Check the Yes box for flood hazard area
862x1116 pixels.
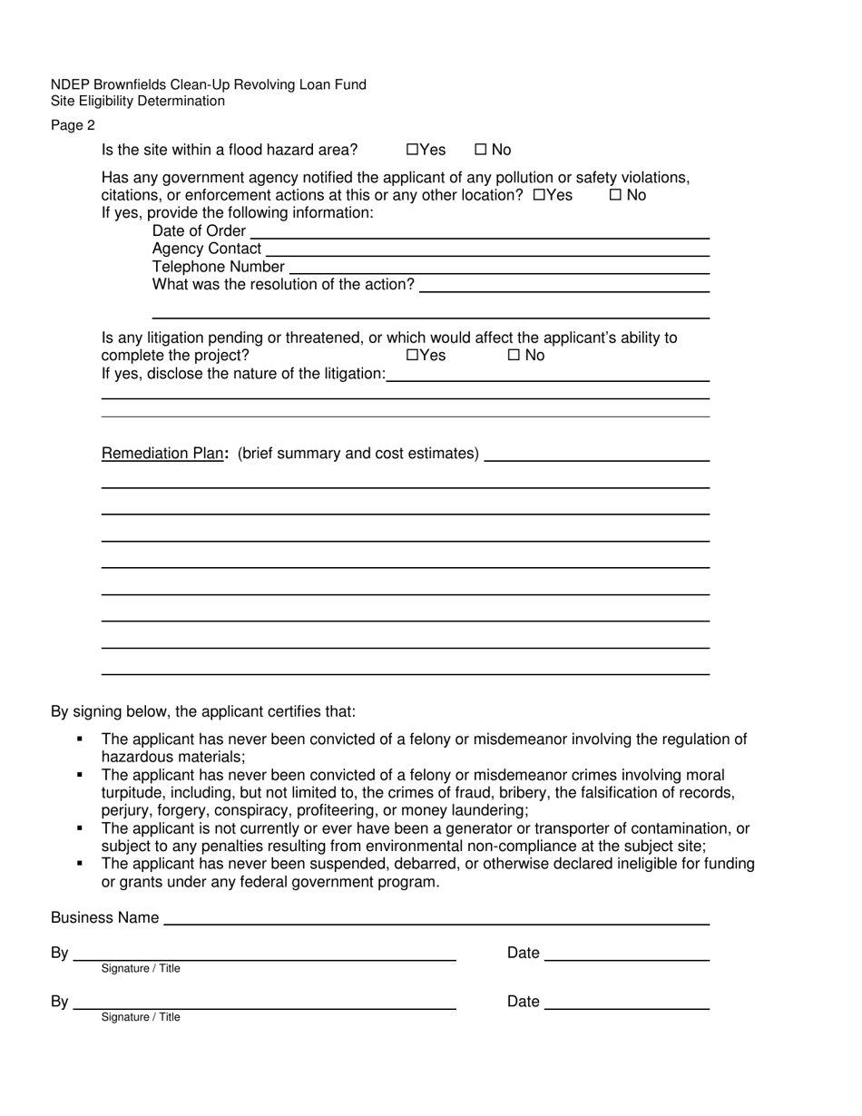point(412,150)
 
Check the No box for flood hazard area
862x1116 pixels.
point(480,150)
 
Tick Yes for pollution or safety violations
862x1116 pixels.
point(539,195)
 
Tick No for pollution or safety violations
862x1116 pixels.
point(615,195)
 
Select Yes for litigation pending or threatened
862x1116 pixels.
point(412,356)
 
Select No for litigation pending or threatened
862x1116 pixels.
point(514,356)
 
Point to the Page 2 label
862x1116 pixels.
point(73,125)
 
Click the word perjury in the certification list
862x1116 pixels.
point(126,811)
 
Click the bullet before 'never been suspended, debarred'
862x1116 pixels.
point(80,864)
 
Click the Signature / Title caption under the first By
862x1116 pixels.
point(141,969)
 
